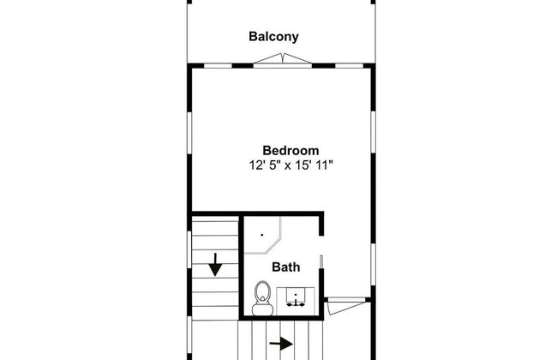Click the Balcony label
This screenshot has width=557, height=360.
pyautogui.click(x=273, y=37)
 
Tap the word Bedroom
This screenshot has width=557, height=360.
pyautogui.click(x=290, y=150)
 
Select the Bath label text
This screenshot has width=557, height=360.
pyautogui.click(x=285, y=267)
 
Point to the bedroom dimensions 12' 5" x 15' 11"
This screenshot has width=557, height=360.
pyautogui.click(x=291, y=165)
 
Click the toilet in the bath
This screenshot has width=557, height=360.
pyautogui.click(x=262, y=297)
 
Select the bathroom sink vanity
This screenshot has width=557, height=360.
pyautogui.click(x=296, y=302)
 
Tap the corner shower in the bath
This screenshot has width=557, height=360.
pyautogui.click(x=262, y=235)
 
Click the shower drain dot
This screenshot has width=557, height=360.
pyautogui.click(x=262, y=235)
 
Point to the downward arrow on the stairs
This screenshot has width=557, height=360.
pyautogui.click(x=215, y=264)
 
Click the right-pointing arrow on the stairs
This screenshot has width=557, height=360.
pyautogui.click(x=281, y=344)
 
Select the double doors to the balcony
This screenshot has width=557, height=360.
pyautogui.click(x=283, y=59)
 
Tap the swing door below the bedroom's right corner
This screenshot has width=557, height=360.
pyautogui.click(x=346, y=306)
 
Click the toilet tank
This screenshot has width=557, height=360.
pyautogui.click(x=262, y=309)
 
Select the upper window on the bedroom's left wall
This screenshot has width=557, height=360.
pyautogui.click(x=189, y=133)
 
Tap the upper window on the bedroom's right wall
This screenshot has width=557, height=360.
pyautogui.click(x=373, y=132)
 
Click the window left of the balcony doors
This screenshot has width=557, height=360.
pyautogui.click(x=218, y=66)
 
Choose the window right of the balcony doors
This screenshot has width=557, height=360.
pyautogui.click(x=349, y=66)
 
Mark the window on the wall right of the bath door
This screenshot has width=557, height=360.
pyautogui.click(x=373, y=264)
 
